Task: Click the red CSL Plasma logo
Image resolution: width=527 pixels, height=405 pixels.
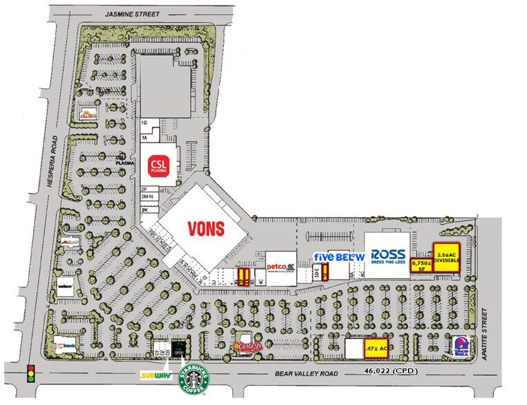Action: (x=159, y=165)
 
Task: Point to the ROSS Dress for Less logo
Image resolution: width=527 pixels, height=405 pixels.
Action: (x=388, y=256)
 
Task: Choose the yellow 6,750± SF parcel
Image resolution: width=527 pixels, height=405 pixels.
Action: (x=420, y=265)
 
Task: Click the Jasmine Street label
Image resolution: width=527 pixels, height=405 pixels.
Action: (x=129, y=14)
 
